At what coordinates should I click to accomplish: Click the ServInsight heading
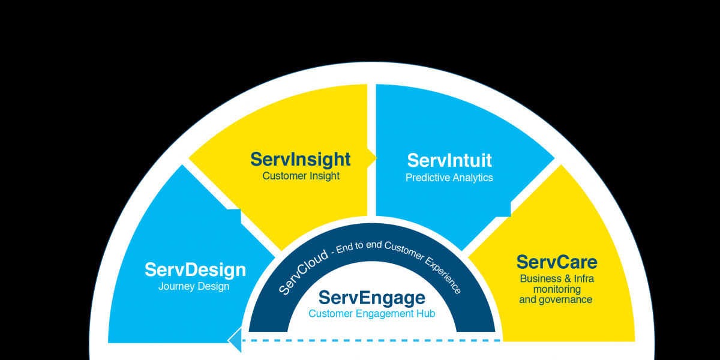pos(301,160)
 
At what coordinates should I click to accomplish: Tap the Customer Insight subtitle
pos(301,176)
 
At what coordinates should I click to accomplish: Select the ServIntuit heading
pos(449,160)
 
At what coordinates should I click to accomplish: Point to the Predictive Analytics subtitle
pos(449,178)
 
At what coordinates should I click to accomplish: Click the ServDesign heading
pos(195,270)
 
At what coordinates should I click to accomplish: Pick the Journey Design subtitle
pos(194,286)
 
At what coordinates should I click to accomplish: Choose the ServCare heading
pos(556,262)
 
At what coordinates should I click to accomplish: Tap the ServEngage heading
pos(371,298)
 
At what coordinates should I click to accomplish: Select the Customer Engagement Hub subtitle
pos(371,313)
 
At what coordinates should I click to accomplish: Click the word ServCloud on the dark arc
pos(303,271)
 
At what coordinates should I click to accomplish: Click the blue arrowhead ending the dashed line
pos(235,341)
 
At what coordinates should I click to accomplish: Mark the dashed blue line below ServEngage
pos(372,341)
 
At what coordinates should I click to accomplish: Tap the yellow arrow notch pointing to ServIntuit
pos(372,158)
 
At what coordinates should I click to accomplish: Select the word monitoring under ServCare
pos(556,289)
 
